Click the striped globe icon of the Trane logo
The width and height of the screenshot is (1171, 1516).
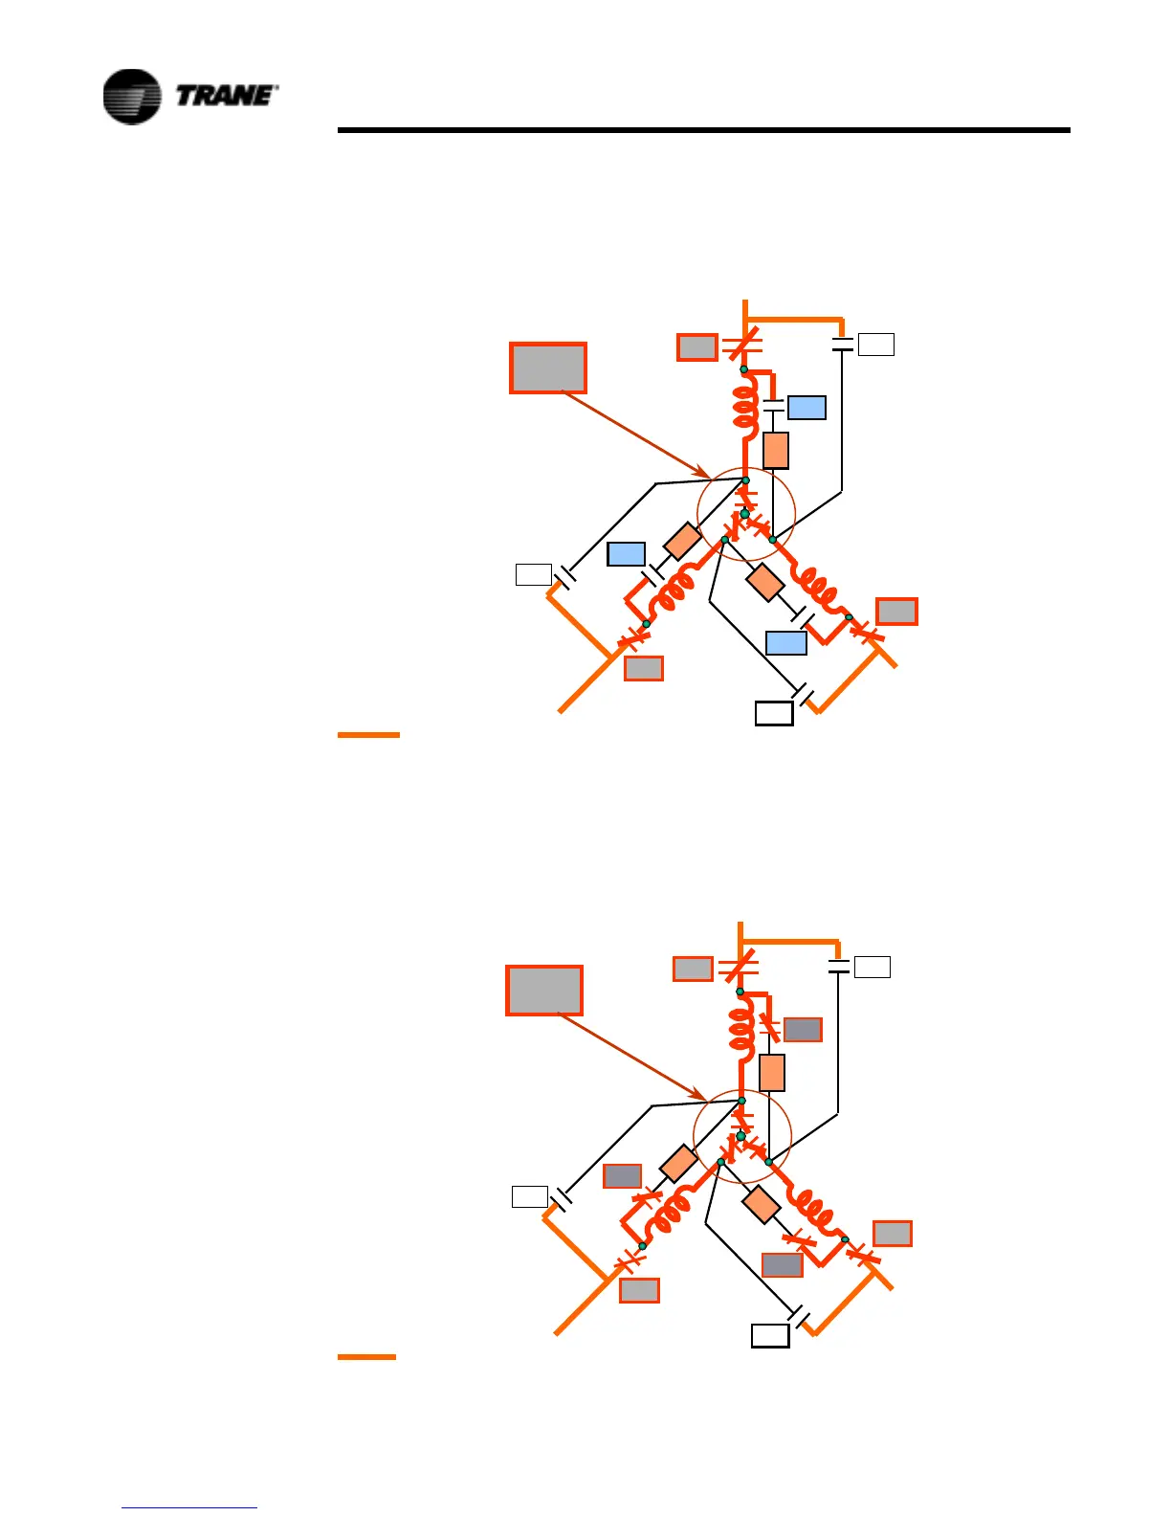pos(132,97)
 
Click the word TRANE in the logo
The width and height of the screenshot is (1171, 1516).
pos(227,96)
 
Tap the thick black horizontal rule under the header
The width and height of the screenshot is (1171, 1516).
pos(703,130)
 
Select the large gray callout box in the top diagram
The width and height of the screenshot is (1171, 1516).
pos(547,368)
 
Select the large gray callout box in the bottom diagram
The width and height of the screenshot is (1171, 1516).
pos(543,990)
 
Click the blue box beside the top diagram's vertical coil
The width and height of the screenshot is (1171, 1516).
pos(806,408)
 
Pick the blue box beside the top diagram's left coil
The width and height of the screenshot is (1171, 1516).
pos(626,554)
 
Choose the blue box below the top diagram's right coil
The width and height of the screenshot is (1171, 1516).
pos(785,642)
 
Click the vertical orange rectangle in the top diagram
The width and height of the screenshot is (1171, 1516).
pos(775,450)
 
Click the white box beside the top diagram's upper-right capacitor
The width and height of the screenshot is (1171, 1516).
pos(875,345)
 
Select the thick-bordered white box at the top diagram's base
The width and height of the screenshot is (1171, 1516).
pos(774,713)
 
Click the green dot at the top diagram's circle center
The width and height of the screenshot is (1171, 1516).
pos(744,514)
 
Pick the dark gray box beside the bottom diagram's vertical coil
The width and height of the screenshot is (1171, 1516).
pos(802,1030)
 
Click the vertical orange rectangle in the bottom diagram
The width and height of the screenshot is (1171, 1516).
pos(771,1072)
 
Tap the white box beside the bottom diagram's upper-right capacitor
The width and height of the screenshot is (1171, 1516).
pos(872,967)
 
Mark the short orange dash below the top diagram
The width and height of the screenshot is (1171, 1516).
pos(368,735)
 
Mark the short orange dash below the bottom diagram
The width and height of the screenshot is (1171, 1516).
pos(366,1357)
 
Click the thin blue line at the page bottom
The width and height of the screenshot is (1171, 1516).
pos(189,1508)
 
